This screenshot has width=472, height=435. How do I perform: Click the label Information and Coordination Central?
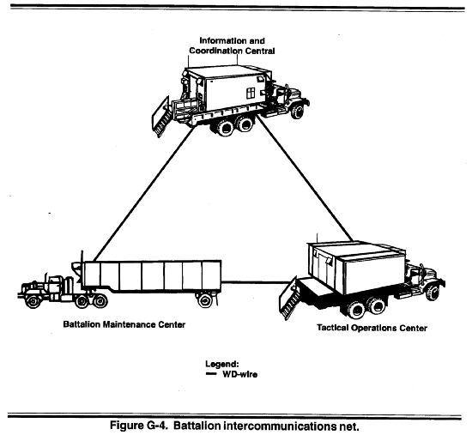click(x=232, y=45)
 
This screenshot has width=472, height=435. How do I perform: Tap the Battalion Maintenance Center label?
click(x=124, y=324)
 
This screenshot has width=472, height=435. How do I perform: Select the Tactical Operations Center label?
click(x=372, y=328)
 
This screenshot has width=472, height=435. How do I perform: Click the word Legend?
click(x=222, y=364)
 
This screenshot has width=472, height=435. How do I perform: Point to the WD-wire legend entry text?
click(x=240, y=374)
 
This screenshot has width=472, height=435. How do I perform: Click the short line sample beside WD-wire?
click(x=211, y=374)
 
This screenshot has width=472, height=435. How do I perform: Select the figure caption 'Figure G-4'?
click(x=139, y=426)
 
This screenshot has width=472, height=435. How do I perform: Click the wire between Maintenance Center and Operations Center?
click(x=256, y=282)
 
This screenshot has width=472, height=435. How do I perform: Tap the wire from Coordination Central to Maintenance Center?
click(x=143, y=194)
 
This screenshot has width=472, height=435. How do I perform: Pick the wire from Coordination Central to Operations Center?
click(x=305, y=178)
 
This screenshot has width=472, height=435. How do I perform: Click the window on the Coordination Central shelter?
click(x=251, y=94)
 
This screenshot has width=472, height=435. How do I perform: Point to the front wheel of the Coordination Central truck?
click(x=298, y=111)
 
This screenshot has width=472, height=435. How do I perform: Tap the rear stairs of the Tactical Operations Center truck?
click(x=289, y=298)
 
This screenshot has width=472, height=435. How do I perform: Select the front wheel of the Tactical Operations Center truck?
click(x=433, y=293)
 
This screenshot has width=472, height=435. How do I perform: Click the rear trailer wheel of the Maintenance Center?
click(x=205, y=300)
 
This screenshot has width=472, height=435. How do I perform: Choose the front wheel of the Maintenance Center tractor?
click(x=33, y=300)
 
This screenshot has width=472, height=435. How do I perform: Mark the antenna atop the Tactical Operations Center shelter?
click(x=317, y=238)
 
